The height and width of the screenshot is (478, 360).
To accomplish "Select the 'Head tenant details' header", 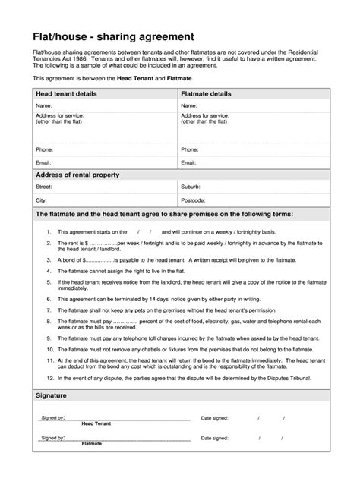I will [x=68, y=93].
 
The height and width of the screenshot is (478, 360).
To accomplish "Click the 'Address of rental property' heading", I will [x=77, y=175].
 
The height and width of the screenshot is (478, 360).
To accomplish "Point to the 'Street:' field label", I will [x=44, y=186].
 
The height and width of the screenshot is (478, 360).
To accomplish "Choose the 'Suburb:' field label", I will [x=191, y=186].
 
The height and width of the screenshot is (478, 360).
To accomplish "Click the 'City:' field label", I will [x=42, y=200].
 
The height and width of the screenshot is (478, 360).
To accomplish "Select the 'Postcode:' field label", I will [x=194, y=200].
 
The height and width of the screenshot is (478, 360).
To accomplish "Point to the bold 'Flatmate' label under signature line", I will [x=91, y=443].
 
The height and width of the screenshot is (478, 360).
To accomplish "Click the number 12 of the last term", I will [x=49, y=377].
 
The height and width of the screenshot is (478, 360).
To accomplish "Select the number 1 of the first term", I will [x=49, y=231].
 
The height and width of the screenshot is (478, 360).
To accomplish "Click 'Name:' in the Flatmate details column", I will [x=189, y=105].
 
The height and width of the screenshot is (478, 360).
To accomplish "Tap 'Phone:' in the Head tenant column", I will [x=44, y=149].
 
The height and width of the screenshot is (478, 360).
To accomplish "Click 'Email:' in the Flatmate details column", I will [x=189, y=162].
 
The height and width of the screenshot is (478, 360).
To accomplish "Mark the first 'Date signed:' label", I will [x=215, y=417].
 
